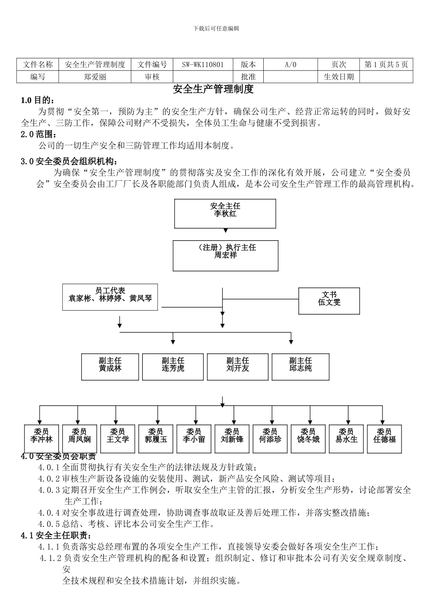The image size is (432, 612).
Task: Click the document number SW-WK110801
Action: [203, 65]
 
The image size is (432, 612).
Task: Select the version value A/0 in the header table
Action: [290, 65]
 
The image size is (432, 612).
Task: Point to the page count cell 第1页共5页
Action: [386, 65]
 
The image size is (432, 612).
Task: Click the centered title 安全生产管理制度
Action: [213, 89]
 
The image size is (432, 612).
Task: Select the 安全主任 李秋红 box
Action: [225, 214]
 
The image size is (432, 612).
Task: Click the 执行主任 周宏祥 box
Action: [226, 255]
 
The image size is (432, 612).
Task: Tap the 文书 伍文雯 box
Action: [329, 301]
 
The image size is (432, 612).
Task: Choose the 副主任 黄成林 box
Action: [110, 367]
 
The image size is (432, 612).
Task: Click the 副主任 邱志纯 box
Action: [300, 367]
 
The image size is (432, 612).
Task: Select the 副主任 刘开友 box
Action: [237, 367]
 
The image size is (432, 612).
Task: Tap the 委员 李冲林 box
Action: [41, 439]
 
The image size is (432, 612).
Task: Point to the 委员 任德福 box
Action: [384, 439]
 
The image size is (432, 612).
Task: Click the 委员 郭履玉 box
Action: [156, 439]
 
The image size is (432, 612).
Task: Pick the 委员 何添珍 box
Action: [270, 439]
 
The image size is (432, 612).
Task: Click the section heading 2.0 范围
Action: [40, 135]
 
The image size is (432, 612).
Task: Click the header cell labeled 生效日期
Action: [338, 77]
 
